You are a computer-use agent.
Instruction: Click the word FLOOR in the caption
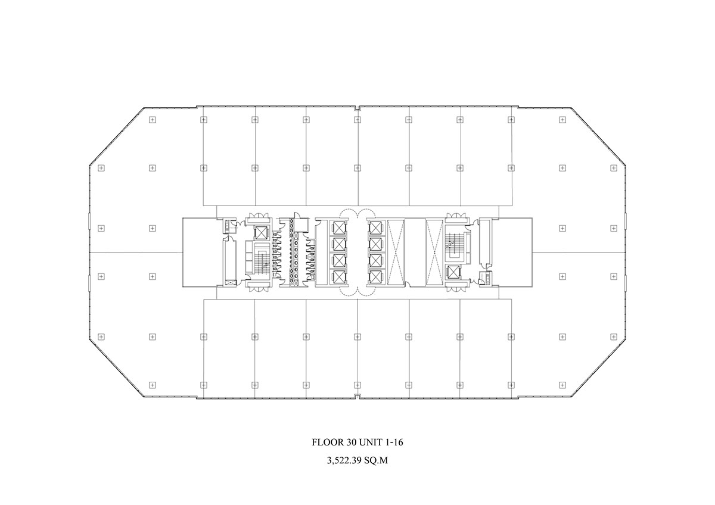pyautogui.click(x=327, y=442)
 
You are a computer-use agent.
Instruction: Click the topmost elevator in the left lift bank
pyautogui.click(x=338, y=227)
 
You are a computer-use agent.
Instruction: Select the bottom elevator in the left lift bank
pyautogui.click(x=338, y=277)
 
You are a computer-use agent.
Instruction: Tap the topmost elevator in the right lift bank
pyautogui.click(x=377, y=227)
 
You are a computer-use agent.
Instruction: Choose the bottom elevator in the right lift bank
pyautogui.click(x=377, y=277)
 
